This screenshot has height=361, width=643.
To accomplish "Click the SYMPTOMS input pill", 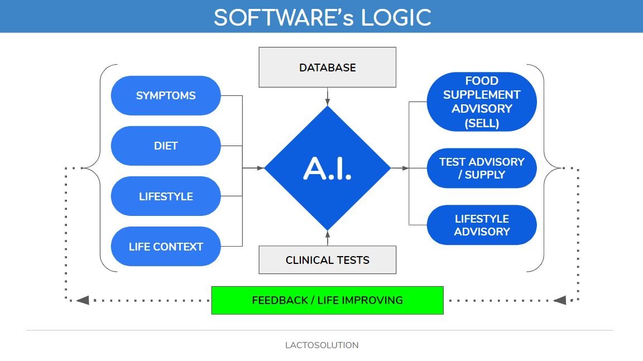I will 166,95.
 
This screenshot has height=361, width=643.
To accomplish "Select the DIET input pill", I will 166,146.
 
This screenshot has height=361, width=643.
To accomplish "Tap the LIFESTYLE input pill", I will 166,196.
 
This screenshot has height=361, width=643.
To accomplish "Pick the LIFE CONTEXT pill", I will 166,247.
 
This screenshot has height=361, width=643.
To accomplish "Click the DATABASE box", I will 327,68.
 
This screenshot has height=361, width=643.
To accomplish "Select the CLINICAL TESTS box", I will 327,260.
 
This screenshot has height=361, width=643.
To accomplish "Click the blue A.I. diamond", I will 327,168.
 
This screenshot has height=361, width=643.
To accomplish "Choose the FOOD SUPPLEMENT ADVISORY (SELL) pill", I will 481,102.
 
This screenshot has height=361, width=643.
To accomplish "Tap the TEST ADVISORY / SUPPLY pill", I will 481,168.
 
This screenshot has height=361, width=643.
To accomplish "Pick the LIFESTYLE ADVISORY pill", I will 481,225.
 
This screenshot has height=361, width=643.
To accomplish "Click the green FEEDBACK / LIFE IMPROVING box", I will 327,300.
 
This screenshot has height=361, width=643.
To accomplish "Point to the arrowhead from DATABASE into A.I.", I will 328,102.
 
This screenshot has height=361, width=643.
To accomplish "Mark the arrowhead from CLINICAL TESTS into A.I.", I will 328,234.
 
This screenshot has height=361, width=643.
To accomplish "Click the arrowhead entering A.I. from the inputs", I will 260,167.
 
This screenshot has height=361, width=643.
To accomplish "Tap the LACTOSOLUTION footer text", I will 321,345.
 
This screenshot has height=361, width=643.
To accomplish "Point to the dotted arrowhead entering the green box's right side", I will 560,300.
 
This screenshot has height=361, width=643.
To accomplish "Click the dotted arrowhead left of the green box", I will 83,300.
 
